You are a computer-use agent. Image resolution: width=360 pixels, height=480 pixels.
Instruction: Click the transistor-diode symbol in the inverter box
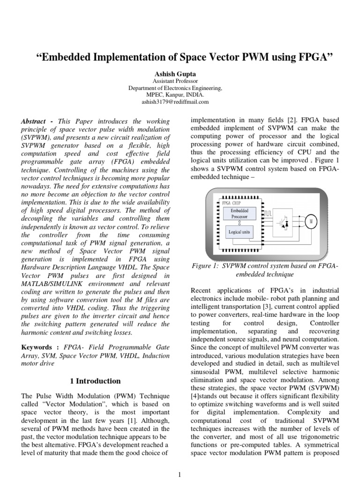[285, 224]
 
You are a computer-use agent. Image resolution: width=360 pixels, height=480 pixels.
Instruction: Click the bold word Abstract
[33, 121]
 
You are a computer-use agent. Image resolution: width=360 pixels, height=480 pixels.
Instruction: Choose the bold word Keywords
[37, 347]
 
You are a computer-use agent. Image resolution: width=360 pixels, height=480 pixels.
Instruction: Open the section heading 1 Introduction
[97, 381]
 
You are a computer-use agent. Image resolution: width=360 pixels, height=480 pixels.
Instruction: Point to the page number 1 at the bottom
[180, 475]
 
